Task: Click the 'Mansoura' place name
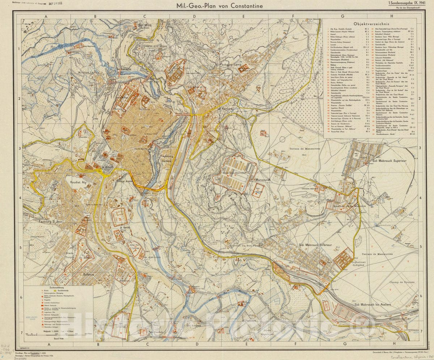pyautogui.click(x=265, y=179)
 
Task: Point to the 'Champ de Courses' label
pyautogui.click(x=401, y=282)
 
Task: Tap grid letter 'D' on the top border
pyautogui.click(x=194, y=16)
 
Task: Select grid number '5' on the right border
pyautogui.click(x=420, y=248)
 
